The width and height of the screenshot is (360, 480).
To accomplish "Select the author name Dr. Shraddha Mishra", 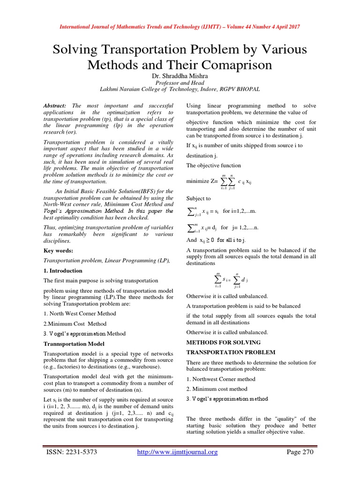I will click(x=180, y=75).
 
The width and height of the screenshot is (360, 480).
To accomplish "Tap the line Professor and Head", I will click(x=180, y=82).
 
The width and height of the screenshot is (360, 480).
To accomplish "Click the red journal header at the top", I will click(x=180, y=27).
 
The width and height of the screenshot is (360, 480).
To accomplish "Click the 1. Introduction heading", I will click(x=63, y=270).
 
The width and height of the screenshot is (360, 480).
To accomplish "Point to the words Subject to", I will click(x=199, y=198).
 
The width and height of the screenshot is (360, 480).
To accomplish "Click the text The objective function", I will click(x=214, y=165).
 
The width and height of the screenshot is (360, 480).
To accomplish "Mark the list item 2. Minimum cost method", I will click(x=217, y=389).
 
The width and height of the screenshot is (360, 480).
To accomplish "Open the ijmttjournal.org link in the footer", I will click(x=178, y=452).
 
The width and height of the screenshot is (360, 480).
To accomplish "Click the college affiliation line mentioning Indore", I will click(x=180, y=89).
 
